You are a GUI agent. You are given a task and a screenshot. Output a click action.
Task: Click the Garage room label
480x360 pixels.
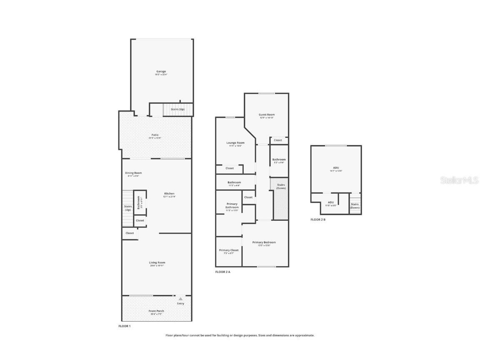pos(161,72)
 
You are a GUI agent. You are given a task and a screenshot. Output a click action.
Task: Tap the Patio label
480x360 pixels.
pos(155,135)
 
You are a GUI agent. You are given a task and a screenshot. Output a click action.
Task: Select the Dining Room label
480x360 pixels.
pos(133,173)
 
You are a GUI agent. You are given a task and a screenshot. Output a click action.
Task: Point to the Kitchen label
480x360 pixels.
pos(169,194)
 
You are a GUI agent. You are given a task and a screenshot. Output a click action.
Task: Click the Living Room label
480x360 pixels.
pos(157,262)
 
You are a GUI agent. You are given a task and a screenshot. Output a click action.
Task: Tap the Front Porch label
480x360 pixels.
pos(156,311)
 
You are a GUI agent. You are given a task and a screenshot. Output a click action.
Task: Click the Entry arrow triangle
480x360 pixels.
pos(180,299)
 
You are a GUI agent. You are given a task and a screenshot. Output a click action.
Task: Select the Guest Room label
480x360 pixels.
pos(267,115)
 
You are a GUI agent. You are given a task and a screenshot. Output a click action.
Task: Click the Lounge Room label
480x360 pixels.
pos(235,143)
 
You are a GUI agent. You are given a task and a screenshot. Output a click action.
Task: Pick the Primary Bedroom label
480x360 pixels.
pos(264,242)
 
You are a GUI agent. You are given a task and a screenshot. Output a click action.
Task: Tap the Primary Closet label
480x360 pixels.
pos(229,250)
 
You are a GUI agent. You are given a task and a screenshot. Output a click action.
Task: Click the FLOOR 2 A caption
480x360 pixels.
pos(222,272)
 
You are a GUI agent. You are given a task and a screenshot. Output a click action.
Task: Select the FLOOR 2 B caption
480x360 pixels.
pos(318,220)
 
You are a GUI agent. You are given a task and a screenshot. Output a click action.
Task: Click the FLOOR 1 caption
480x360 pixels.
pos(125,326)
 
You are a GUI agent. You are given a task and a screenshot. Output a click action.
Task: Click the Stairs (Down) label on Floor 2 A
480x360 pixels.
pos(281,186)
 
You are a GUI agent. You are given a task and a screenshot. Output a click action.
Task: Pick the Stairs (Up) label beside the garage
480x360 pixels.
pos(177,109)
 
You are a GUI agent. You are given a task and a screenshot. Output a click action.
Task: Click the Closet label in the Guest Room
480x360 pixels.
pos(278,140)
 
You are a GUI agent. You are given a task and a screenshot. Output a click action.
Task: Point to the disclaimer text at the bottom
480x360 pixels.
pos(240,335)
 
